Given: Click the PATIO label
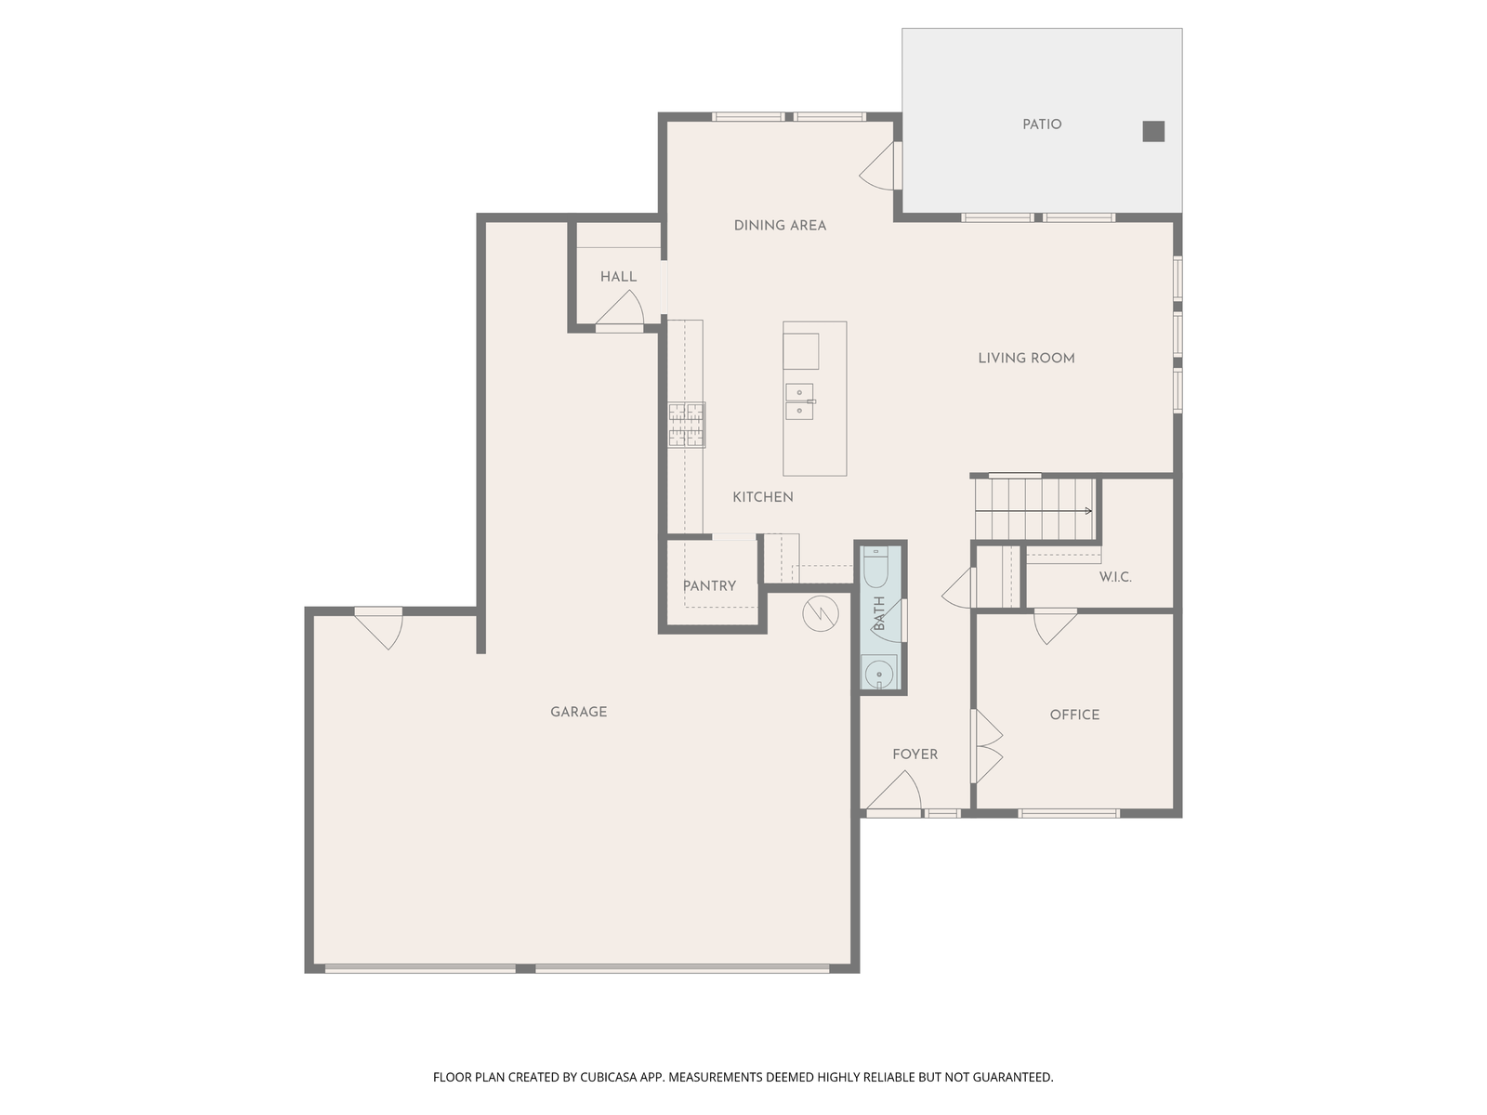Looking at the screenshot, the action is coord(1041,125).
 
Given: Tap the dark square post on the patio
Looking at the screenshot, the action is coord(1153,131).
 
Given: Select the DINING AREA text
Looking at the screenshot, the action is coord(780,226).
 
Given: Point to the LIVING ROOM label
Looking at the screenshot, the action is coord(1026,358).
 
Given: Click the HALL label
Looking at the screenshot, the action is coord(618,277).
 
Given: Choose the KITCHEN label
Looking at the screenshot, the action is coord(763,497).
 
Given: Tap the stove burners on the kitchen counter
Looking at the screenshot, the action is coord(687,426).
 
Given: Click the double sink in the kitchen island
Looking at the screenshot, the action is coord(799,401).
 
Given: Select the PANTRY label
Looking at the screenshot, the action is coord(709,586).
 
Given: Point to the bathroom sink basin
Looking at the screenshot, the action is coord(879,674).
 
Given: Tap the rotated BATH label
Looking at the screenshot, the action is coord(879,613).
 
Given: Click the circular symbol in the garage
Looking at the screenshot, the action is coord(821,614).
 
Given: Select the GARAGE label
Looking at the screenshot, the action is coord(579,712).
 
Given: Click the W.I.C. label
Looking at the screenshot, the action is coord(1115,577).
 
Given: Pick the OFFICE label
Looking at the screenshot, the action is coord(1074,715).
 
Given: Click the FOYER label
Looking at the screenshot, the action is coord(915,754).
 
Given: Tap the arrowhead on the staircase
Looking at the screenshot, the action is coord(1088,511).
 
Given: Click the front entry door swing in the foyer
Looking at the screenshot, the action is coord(894,792).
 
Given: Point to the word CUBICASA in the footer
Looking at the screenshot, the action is coord(609,1077).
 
